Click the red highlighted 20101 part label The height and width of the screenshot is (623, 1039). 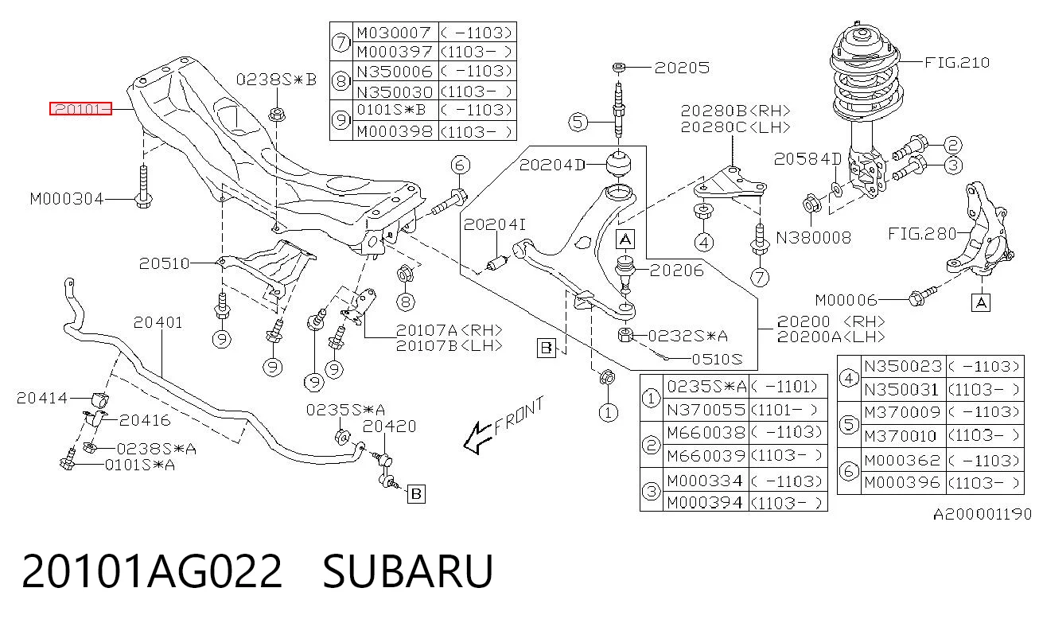pos(80,108)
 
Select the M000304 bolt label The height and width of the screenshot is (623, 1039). pos(66,199)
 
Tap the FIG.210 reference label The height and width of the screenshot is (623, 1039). pos(957,62)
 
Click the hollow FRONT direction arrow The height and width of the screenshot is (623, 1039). pos(478,437)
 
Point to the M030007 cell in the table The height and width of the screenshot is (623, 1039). pos(394,33)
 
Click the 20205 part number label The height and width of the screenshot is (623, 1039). pos(682,68)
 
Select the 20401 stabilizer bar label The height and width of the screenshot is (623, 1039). pos(158,322)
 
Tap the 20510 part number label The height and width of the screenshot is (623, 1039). pos(164,263)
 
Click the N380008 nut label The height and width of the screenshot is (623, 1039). pos(814,238)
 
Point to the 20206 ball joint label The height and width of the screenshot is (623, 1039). pos(677,270)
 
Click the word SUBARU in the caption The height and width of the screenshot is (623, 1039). pos(407,570)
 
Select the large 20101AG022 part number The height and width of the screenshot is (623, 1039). pos(152,570)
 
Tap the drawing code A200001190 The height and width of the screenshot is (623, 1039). pos(983,514)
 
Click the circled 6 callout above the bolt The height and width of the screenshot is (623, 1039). pos(460,165)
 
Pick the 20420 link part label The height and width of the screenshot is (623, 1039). pos(389,426)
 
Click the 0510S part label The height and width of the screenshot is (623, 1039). pos(717,359)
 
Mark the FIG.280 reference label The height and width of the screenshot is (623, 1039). pos(922,233)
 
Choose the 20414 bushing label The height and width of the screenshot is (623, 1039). pos(41,398)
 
